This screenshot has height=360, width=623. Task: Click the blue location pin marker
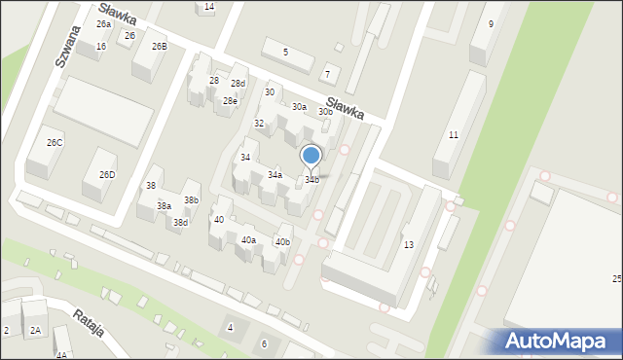(311, 157)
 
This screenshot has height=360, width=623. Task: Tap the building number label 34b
(311, 179)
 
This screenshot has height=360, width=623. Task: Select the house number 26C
(55, 143)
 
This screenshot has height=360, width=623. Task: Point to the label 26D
(107, 175)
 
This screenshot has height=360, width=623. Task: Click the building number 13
(409, 244)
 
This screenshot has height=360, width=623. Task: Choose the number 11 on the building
(454, 134)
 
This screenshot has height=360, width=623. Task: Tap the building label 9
(491, 23)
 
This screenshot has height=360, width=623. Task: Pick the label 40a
(248, 239)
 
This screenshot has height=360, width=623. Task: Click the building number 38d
(180, 222)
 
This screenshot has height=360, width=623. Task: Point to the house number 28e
(230, 101)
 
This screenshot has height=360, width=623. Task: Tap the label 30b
(326, 112)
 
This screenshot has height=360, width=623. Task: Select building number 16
(101, 46)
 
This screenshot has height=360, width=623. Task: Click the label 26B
(159, 46)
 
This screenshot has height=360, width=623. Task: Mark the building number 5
(285, 52)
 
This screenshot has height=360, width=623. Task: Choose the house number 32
(259, 124)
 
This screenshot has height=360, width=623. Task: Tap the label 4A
(61, 355)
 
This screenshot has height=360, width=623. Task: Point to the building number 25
(616, 279)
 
